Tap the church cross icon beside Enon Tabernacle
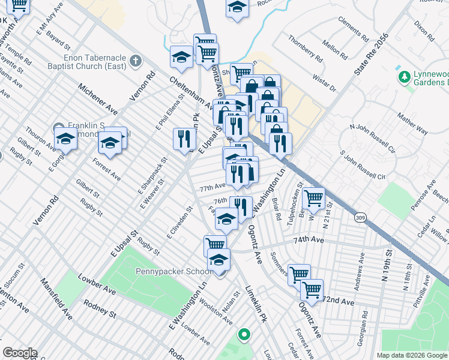pos(136,61)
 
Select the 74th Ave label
pos(309,239)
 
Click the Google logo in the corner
pos(20,353)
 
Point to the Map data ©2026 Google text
pos(411,355)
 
